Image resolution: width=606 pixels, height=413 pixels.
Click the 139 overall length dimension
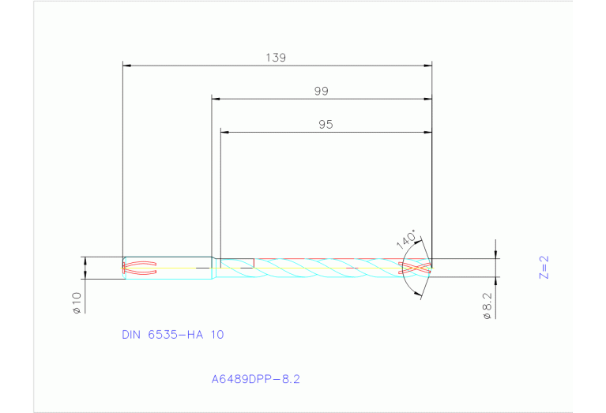pyautogui.click(x=276, y=58)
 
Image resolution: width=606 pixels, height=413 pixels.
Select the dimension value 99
pyautogui.click(x=321, y=91)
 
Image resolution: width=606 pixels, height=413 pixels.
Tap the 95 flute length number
pyautogui.click(x=326, y=124)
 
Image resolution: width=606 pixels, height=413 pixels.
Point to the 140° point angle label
pyautogui.click(x=408, y=238)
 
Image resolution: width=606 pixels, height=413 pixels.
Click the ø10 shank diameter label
pyautogui.click(x=77, y=302)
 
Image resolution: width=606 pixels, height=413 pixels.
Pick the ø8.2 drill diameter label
pyautogui.click(x=487, y=304)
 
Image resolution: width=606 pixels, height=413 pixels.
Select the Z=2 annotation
pyautogui.click(x=544, y=268)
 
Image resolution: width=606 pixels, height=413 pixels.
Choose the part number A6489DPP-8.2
pyautogui.click(x=255, y=379)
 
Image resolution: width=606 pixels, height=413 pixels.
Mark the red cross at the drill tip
pyautogui.click(x=416, y=268)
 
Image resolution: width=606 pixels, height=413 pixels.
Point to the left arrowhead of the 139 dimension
pyautogui.click(x=127, y=65)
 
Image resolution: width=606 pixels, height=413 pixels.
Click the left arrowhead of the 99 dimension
pyautogui.click(x=216, y=99)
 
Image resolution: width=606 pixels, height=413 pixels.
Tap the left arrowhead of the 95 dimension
pyautogui.click(x=224, y=132)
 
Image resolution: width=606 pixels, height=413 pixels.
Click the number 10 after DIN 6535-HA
pyautogui.click(x=216, y=335)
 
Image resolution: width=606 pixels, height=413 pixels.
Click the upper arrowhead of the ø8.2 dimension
pyautogui.click(x=495, y=254)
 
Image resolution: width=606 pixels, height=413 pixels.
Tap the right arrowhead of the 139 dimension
pyautogui.click(x=428, y=65)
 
